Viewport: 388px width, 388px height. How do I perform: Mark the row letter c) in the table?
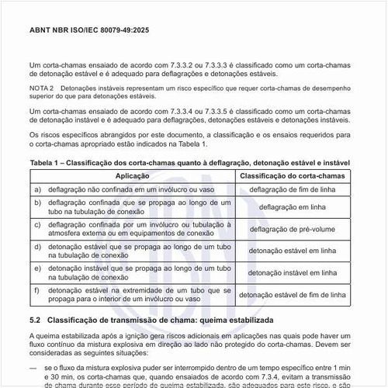click(x=37, y=225)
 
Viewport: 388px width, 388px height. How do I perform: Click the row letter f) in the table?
click(x=37, y=290)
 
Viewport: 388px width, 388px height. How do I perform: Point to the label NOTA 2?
click(x=42, y=89)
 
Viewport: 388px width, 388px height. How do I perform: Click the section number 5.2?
click(x=35, y=320)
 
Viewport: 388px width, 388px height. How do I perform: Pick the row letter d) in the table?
click(x=37, y=247)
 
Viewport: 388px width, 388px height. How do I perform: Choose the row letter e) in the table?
click(x=37, y=268)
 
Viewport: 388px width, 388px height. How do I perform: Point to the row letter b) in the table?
click(x=37, y=203)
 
